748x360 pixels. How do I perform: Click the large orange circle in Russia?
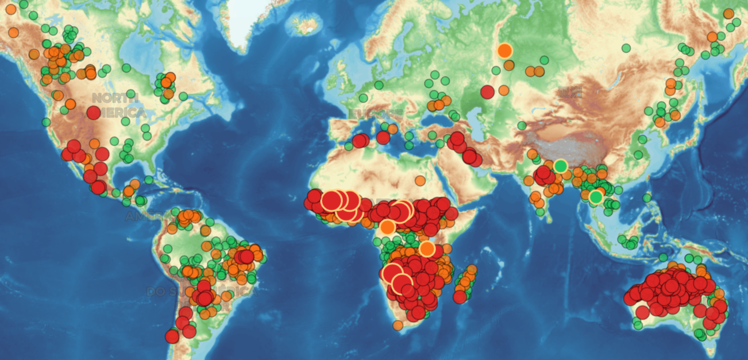tap(504, 51)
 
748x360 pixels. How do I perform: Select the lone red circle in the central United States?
tap(94, 113)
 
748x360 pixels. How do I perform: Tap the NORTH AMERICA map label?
tap(115, 104)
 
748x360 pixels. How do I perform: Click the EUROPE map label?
tap(376, 113)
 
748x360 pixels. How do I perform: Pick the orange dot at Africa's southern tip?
tap(398, 326)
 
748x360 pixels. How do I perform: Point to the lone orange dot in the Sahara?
tap(420, 180)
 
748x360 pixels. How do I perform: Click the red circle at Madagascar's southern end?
tap(460, 297)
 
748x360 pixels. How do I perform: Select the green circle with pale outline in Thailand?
tap(596, 197)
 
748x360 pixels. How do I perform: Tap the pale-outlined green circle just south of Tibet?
tap(561, 166)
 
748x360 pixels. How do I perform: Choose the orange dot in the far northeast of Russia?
tap(728, 14)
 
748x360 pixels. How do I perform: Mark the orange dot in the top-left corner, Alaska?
tap(10, 9)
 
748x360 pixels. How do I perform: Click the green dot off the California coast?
tap(46, 122)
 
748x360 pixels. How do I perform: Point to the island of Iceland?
tap(305, 25)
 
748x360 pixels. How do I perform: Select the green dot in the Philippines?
tap(647, 198)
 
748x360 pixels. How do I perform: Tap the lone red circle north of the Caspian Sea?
tap(487, 92)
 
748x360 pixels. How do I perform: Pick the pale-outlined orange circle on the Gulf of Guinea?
tap(388, 227)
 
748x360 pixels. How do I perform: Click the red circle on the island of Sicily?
tap(383, 137)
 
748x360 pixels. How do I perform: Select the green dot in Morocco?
tap(349, 146)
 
